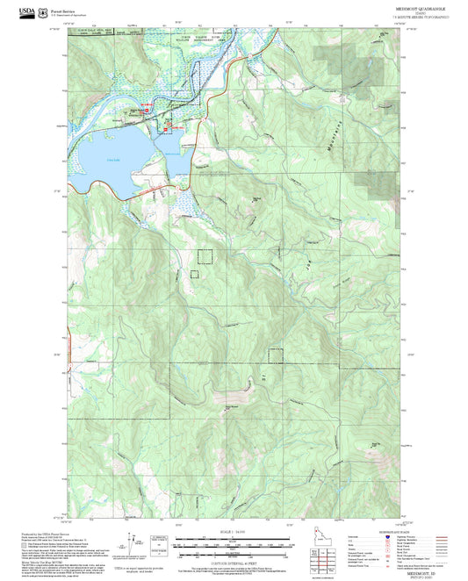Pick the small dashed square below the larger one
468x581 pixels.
point(196,274)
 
